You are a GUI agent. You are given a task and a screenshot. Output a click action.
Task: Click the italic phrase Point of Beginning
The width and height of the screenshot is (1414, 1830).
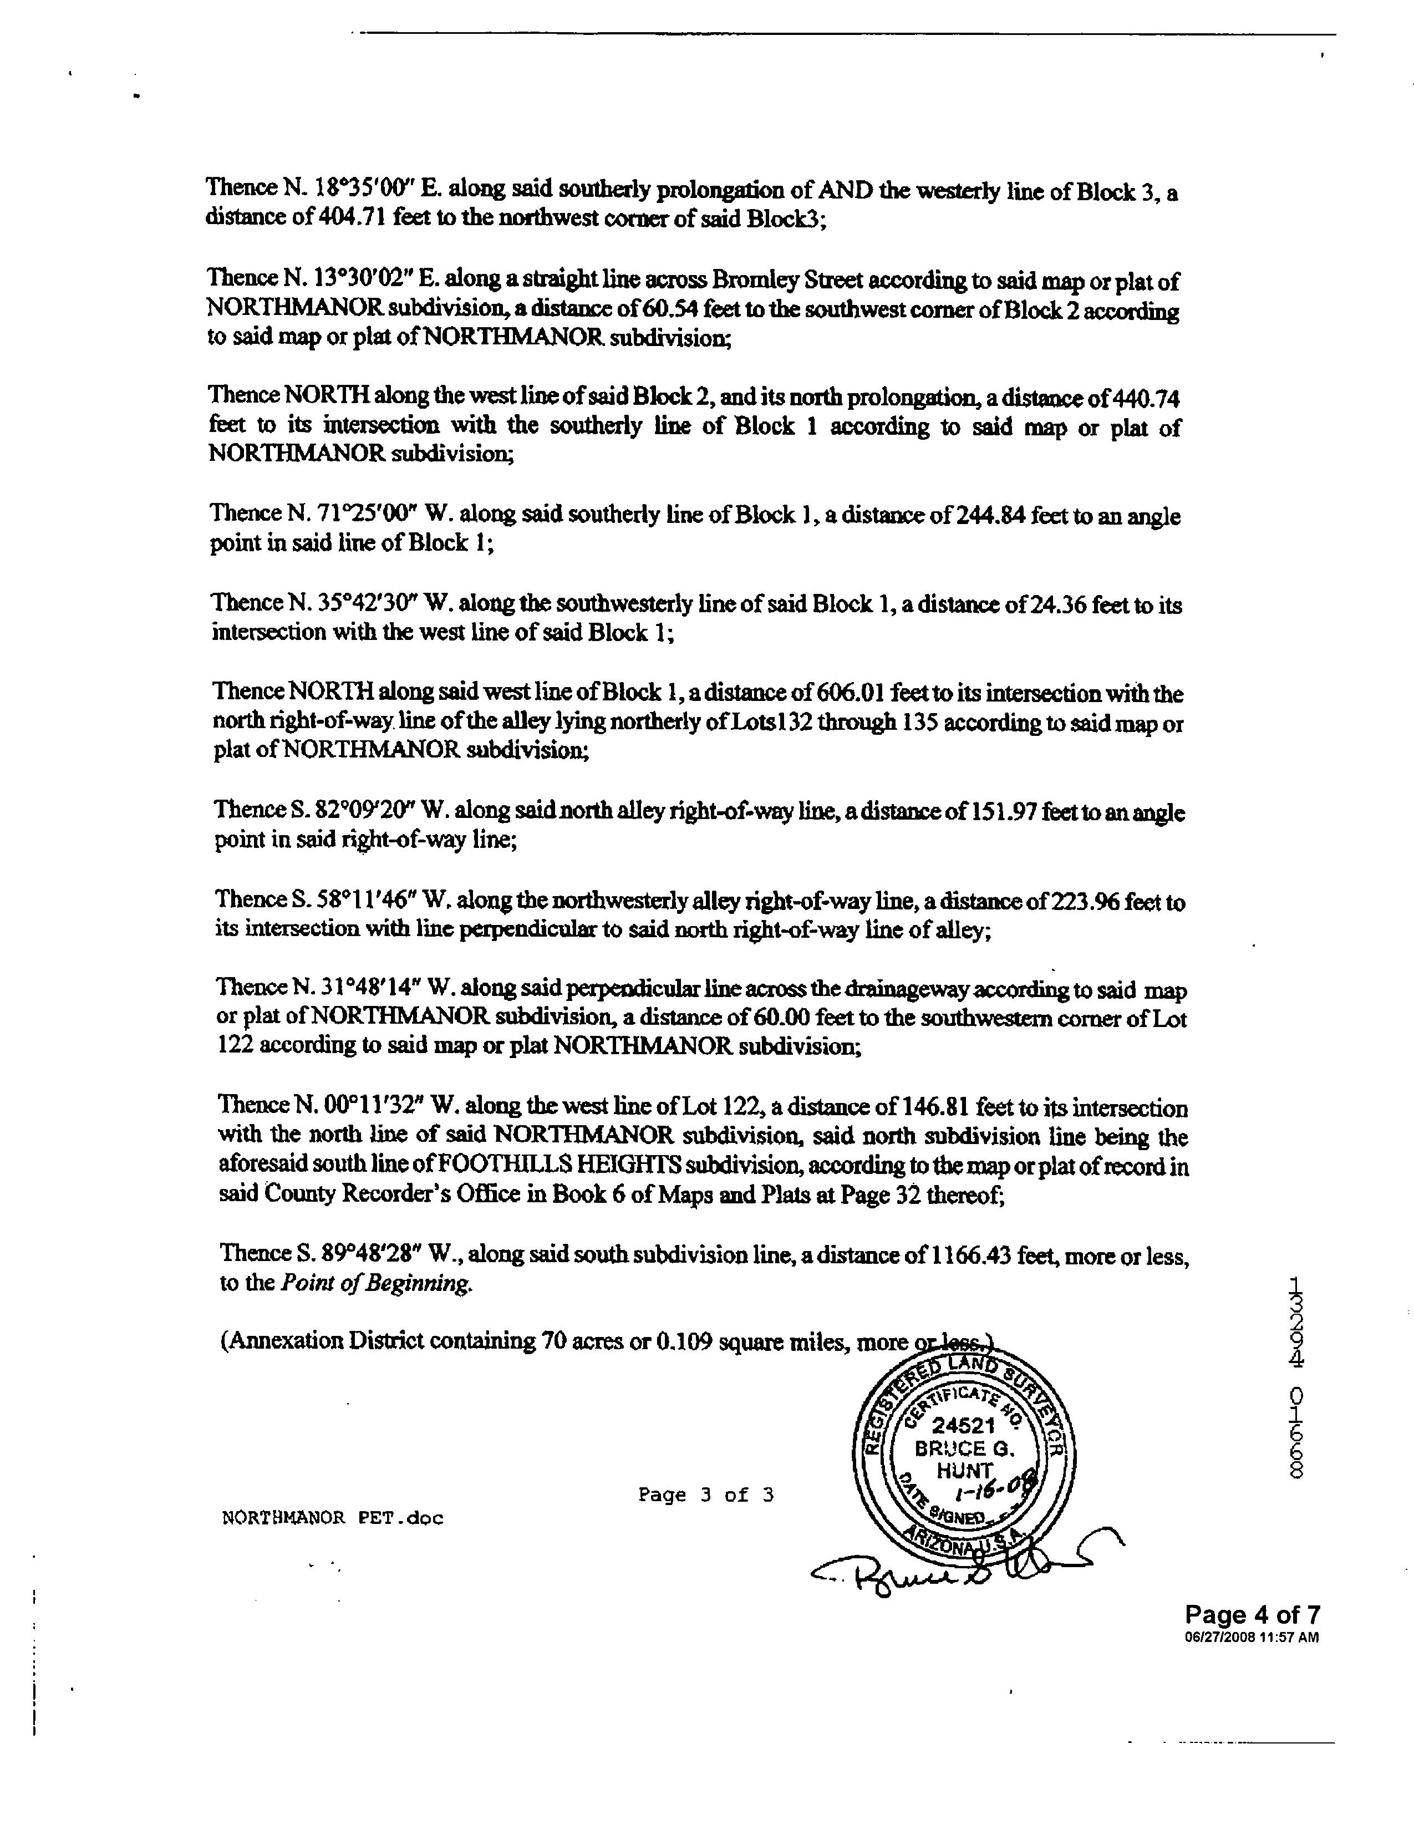click(x=376, y=1283)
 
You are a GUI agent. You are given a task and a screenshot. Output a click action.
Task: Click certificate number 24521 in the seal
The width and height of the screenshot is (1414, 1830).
click(x=963, y=1424)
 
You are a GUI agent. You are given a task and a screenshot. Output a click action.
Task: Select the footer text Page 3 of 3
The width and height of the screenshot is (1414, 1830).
click(x=705, y=1495)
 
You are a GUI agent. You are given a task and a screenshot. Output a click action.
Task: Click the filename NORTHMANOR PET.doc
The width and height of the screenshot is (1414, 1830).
click(x=333, y=1517)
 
